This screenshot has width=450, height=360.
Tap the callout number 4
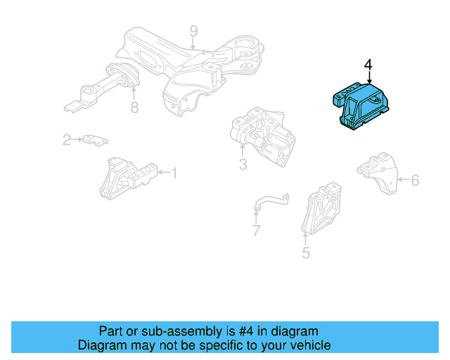pos(368,65)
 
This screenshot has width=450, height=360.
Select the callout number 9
pos(193,31)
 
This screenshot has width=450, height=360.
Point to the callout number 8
pos(134,108)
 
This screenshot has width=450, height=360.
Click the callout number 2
pos(67,140)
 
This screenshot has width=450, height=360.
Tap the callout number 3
pos(243,165)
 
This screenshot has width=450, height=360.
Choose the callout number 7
pos(256,230)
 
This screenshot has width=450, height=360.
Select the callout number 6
pos(415,181)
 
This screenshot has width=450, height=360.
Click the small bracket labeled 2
pos(94,140)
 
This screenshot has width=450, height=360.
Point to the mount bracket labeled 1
pos(127,179)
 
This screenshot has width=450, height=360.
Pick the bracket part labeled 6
pos(377,173)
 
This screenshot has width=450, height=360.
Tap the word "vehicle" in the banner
pos(309,345)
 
